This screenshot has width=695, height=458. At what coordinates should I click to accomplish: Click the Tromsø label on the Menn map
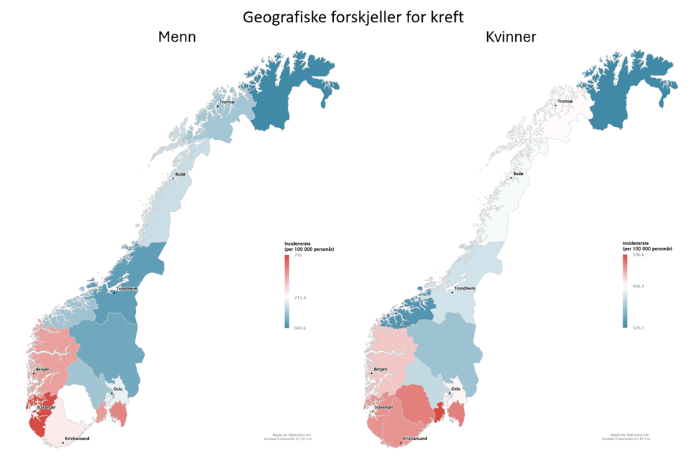click(227, 102)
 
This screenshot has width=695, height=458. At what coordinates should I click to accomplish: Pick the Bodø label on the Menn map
click(180, 175)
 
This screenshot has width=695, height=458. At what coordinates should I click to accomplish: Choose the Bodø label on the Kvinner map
click(518, 174)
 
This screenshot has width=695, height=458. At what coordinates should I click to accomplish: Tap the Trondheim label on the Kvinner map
click(464, 288)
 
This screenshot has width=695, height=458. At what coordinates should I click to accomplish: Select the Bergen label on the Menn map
click(43, 370)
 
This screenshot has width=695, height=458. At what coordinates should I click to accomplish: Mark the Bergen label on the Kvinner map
click(381, 369)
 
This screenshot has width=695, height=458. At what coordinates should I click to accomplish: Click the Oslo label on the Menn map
click(118, 389)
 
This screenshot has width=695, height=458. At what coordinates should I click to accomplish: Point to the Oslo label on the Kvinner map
click(456, 389)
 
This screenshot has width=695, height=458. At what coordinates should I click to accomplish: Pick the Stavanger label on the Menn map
click(46, 407)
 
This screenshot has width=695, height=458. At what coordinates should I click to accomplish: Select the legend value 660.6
click(300, 328)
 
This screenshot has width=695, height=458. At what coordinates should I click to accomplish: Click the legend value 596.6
click(638, 254)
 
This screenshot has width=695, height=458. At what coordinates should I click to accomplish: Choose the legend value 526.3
click(638, 328)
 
